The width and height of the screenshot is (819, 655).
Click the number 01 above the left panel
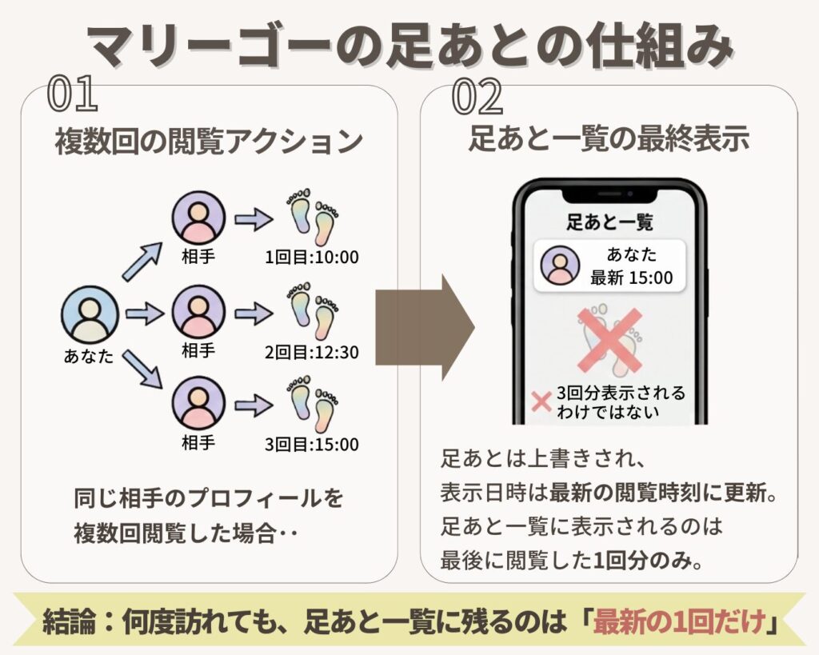tap(73, 95)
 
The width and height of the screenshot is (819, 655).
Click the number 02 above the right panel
tap(477, 97)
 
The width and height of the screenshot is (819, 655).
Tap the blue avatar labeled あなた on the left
tap(90, 314)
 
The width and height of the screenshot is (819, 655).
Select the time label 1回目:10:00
tap(313, 258)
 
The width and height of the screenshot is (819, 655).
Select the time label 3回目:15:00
tap(313, 445)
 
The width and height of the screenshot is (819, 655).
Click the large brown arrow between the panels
tap(425, 327)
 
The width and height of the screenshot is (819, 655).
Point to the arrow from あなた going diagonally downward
tap(142, 369)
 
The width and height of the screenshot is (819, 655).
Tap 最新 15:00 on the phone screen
tap(632, 278)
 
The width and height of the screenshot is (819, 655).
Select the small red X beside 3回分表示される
tap(541, 402)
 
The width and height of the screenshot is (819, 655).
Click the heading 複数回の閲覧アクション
tap(208, 142)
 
